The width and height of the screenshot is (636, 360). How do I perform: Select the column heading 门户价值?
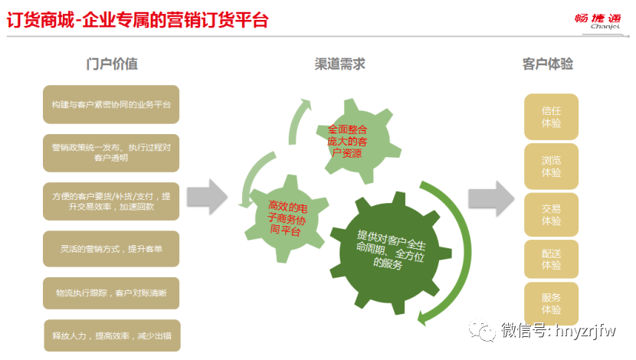click(x=112, y=64)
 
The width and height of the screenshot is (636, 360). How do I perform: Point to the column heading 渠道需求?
click(x=339, y=64)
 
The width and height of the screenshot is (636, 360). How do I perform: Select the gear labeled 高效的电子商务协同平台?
click(x=283, y=218)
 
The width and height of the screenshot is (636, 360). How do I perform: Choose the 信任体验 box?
click(x=551, y=116)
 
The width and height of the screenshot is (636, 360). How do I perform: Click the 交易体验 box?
click(x=551, y=214)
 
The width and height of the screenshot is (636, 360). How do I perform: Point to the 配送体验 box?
click(x=551, y=259)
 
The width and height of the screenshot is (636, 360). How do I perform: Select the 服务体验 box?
click(x=551, y=303)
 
